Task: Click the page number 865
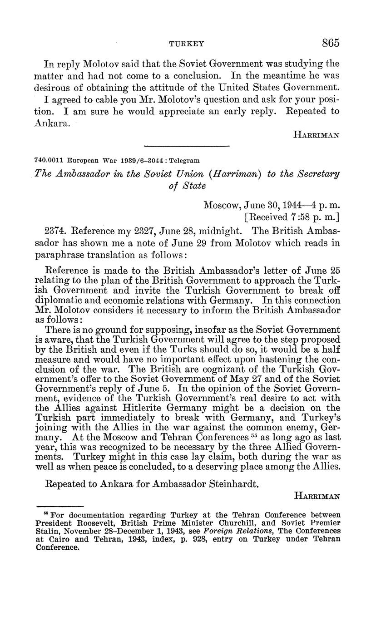coord(331,43)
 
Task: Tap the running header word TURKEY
coord(187,44)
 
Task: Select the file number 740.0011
coord(49,161)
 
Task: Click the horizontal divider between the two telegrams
coord(187,146)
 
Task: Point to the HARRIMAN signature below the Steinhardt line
coord(317,497)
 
